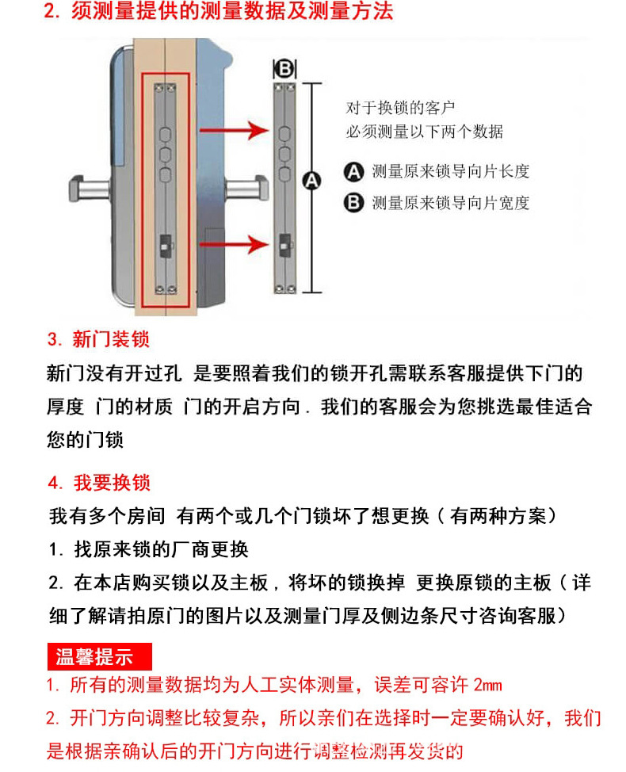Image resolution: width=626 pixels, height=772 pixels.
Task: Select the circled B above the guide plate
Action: pyautogui.click(x=284, y=69)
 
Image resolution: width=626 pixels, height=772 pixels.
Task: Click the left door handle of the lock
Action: pyautogui.click(x=91, y=189)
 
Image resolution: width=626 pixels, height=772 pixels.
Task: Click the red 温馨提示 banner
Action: pyautogui.click(x=99, y=657)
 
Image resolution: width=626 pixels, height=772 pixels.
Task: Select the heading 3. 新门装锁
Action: pyautogui.click(x=98, y=340)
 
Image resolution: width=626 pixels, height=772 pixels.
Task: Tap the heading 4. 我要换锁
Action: pyautogui.click(x=99, y=483)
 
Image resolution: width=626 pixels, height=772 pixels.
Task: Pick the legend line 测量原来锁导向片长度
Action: pyautogui.click(x=450, y=170)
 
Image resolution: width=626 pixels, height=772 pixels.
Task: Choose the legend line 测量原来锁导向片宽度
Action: pyautogui.click(x=450, y=203)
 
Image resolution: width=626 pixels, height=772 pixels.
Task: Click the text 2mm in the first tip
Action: pyautogui.click(x=487, y=685)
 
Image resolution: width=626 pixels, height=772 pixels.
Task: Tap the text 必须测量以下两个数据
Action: pyautogui.click(x=424, y=132)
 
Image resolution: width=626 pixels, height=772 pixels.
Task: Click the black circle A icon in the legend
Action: pyautogui.click(x=353, y=171)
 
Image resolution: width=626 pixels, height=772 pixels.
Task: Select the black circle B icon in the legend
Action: pyautogui.click(x=353, y=203)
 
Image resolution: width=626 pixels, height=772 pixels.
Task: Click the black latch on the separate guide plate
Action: pyautogui.click(x=284, y=242)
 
